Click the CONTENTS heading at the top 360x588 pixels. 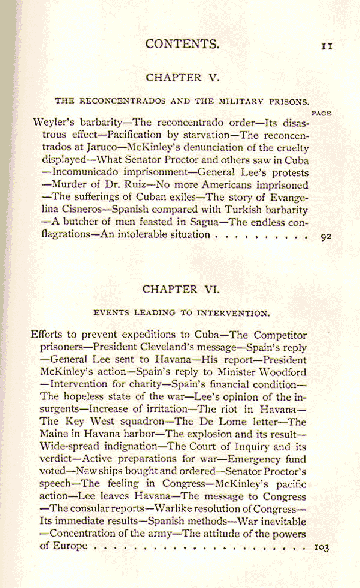182,43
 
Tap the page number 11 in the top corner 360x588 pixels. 327,46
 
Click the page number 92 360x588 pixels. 325,235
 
